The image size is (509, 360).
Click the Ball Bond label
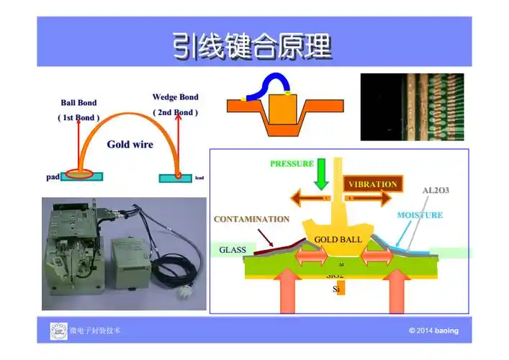pyautogui.click(x=78, y=103)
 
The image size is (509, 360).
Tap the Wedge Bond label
pyautogui.click(x=175, y=97)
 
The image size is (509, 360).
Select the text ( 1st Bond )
pyautogui.click(x=78, y=117)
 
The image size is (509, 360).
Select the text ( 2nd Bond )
pyautogui.click(x=175, y=112)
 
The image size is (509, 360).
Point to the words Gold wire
pyautogui.click(x=130, y=144)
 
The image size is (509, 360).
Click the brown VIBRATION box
pyautogui.click(x=372, y=184)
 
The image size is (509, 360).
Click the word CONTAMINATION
pyautogui.click(x=252, y=219)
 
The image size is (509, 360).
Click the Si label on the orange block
pyautogui.click(x=336, y=289)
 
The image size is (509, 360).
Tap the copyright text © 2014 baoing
pyautogui.click(x=433, y=331)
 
